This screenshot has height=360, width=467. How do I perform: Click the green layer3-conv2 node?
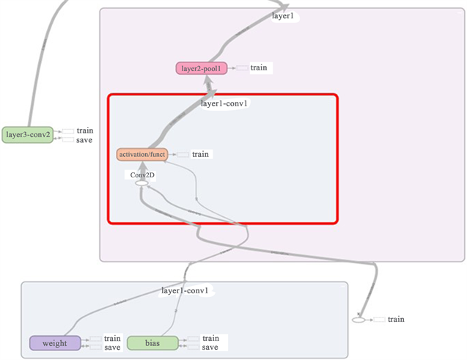28,135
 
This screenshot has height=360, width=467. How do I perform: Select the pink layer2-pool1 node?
201,68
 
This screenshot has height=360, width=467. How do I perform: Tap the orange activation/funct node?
142,155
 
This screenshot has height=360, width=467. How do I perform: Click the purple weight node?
55,343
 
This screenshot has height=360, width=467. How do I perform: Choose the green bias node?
153,343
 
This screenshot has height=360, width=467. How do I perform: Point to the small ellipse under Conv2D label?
141,183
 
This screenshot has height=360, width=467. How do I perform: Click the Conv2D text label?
141,175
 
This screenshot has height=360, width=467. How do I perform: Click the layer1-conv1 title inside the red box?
224,103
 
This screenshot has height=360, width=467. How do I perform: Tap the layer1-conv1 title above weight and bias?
185,291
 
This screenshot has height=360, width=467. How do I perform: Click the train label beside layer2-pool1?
260,67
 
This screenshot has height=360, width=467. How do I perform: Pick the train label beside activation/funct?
200,155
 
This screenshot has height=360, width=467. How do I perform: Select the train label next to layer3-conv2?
85,131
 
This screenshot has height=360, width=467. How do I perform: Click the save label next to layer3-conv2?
84,139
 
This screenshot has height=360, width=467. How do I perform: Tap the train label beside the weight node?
112,339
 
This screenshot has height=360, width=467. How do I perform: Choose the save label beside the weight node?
112,348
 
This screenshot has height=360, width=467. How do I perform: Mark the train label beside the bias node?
210,339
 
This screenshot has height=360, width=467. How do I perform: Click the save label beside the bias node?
210,348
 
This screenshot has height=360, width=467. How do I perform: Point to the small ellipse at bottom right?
358,320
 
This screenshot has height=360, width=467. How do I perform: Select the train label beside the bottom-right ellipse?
396,320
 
